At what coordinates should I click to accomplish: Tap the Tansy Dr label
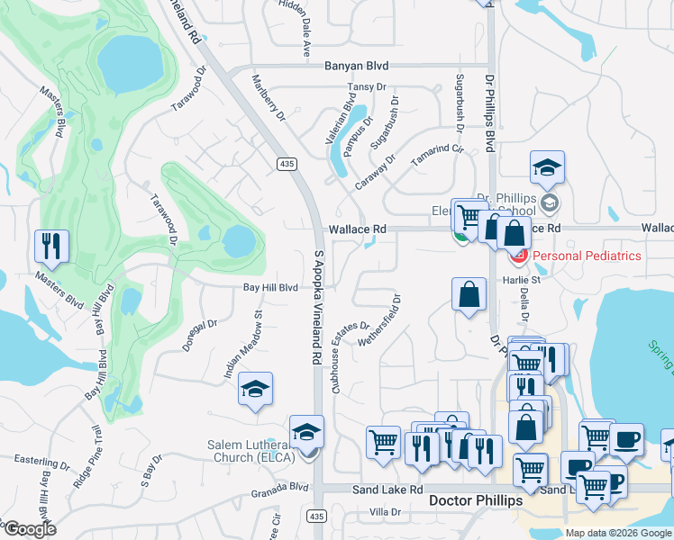(x=367, y=88)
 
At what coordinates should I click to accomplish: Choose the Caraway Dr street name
(x=376, y=170)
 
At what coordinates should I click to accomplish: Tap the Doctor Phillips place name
(x=475, y=500)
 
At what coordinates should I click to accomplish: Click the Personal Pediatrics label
(x=587, y=256)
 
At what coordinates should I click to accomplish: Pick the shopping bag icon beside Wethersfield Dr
(x=469, y=294)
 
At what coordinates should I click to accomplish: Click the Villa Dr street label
(x=385, y=511)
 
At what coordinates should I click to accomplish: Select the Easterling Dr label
(x=41, y=461)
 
